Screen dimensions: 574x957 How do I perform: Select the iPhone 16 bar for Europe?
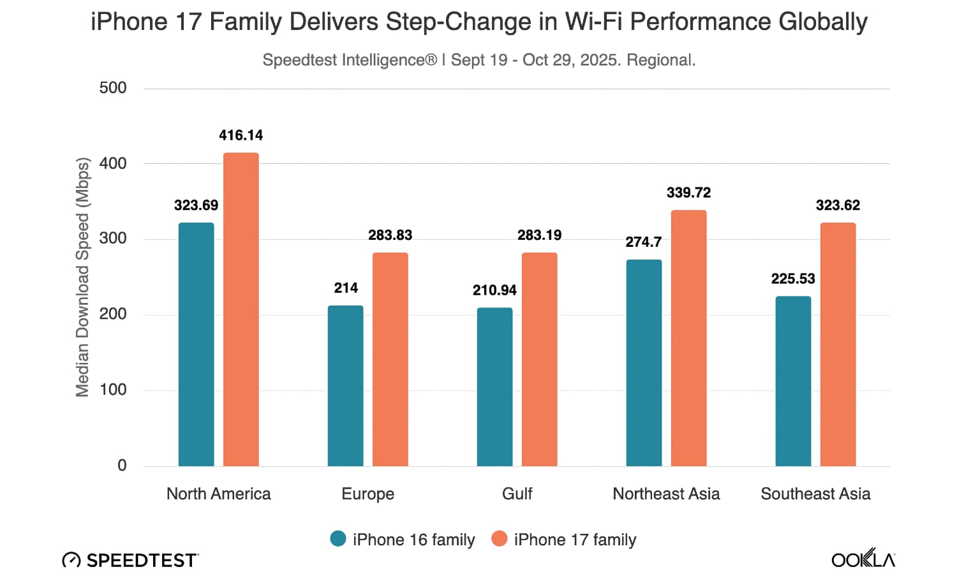346,386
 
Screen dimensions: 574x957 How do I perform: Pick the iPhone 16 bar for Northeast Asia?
644,363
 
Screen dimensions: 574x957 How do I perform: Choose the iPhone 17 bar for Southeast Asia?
838,344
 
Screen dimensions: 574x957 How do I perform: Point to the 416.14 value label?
241,135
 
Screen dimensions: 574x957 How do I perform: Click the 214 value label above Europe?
346,288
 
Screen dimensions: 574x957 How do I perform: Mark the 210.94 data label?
494,290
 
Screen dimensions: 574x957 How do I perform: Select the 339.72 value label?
688,193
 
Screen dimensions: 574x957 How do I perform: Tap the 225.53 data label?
793,279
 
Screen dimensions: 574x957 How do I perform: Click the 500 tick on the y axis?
113,88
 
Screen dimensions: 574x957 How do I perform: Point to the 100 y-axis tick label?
113,390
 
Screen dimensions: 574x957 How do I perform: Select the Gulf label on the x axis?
517,494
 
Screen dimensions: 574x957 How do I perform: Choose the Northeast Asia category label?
666,494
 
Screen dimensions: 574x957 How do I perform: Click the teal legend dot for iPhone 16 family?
338,539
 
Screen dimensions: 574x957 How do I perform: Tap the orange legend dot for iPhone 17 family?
499,539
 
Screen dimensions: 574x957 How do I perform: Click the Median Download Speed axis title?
82,277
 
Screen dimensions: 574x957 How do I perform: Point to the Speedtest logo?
131,560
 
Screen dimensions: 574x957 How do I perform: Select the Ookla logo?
863,559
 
